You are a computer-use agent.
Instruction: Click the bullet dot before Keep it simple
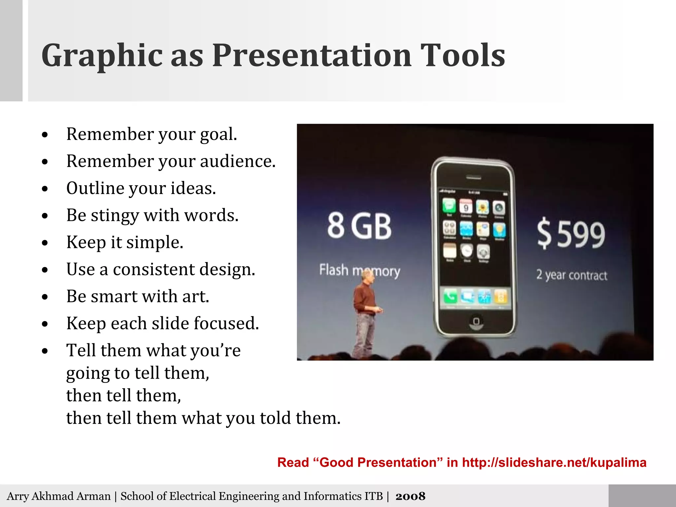[x=45, y=243]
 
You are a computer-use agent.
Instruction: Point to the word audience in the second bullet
[x=237, y=162]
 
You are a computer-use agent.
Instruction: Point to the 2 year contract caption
[x=571, y=275]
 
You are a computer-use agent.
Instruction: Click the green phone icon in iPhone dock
[x=450, y=296]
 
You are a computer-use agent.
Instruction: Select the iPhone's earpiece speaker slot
[x=473, y=178]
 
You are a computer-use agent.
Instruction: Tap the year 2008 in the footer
[x=410, y=496]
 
